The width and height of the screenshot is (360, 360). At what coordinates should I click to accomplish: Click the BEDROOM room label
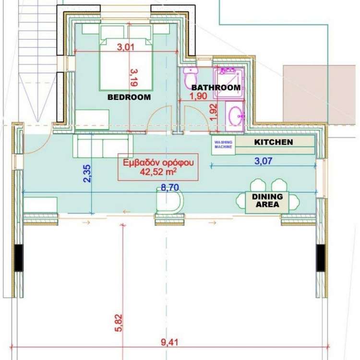(129, 97)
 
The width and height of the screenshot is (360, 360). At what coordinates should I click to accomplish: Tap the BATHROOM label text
(216, 87)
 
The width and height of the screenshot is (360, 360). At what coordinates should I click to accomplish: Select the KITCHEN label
(274, 142)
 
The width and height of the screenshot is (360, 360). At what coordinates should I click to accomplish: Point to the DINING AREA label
(267, 201)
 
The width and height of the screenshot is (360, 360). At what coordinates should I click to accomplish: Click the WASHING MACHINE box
(223, 145)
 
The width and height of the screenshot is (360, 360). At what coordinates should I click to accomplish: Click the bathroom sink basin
(235, 116)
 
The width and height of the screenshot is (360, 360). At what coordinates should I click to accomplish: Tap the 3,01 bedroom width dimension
(126, 47)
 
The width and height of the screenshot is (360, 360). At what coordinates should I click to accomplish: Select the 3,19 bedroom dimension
(133, 78)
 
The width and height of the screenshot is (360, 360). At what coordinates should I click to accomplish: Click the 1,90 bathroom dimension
(198, 96)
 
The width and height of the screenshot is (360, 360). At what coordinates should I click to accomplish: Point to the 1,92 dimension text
(213, 112)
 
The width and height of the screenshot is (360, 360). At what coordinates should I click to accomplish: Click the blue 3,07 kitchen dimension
(264, 161)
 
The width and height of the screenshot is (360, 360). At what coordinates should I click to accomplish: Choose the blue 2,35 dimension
(87, 174)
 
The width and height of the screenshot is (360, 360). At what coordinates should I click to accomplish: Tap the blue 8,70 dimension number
(169, 188)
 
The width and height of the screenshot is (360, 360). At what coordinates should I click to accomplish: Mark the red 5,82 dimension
(119, 323)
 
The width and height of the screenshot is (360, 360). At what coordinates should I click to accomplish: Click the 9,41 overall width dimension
(169, 343)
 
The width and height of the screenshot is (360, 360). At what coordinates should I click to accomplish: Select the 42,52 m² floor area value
(158, 172)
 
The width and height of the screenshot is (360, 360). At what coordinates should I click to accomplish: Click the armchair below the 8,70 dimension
(169, 200)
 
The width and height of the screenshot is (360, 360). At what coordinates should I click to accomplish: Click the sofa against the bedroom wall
(103, 146)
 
